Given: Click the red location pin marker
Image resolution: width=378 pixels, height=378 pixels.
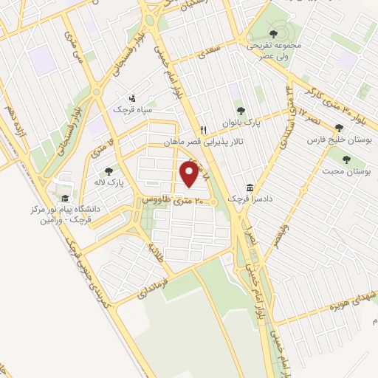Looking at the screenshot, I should [190, 174].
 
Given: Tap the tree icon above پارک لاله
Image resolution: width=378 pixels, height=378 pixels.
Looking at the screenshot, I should [109, 171].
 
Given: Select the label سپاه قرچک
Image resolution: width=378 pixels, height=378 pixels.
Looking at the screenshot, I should [131, 109].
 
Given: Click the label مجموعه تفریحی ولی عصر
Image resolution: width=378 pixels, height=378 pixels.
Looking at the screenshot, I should [275, 49].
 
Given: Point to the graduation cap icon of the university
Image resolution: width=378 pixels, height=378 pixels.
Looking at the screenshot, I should [64, 198].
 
